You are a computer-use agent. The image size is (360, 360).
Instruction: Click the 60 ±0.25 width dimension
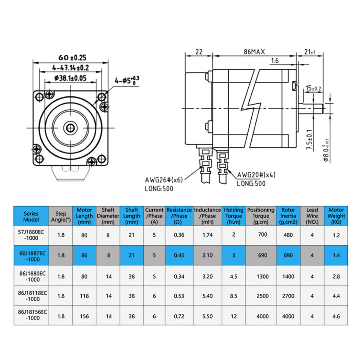pyautogui.click(x=72, y=58)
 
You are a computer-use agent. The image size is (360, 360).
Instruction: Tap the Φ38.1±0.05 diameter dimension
pyautogui.click(x=70, y=78)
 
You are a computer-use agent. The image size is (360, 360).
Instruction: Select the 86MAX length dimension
pyautogui.click(x=254, y=52)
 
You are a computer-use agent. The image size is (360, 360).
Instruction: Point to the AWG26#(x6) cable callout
pyautogui.click(x=164, y=180)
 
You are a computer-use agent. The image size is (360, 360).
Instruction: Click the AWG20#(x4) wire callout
pyautogui.click(x=256, y=175)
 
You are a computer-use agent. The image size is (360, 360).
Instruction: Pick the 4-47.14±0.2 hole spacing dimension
pyautogui.click(x=70, y=68)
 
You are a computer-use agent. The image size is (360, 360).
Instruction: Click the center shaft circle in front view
pyautogui.click(x=70, y=128)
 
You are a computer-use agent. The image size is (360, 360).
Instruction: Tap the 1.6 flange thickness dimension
pyautogui.click(x=274, y=61)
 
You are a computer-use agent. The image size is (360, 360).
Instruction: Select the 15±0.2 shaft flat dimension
pyautogui.click(x=313, y=88)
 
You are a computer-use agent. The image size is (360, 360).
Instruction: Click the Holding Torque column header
pyautogui.click(x=234, y=216)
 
